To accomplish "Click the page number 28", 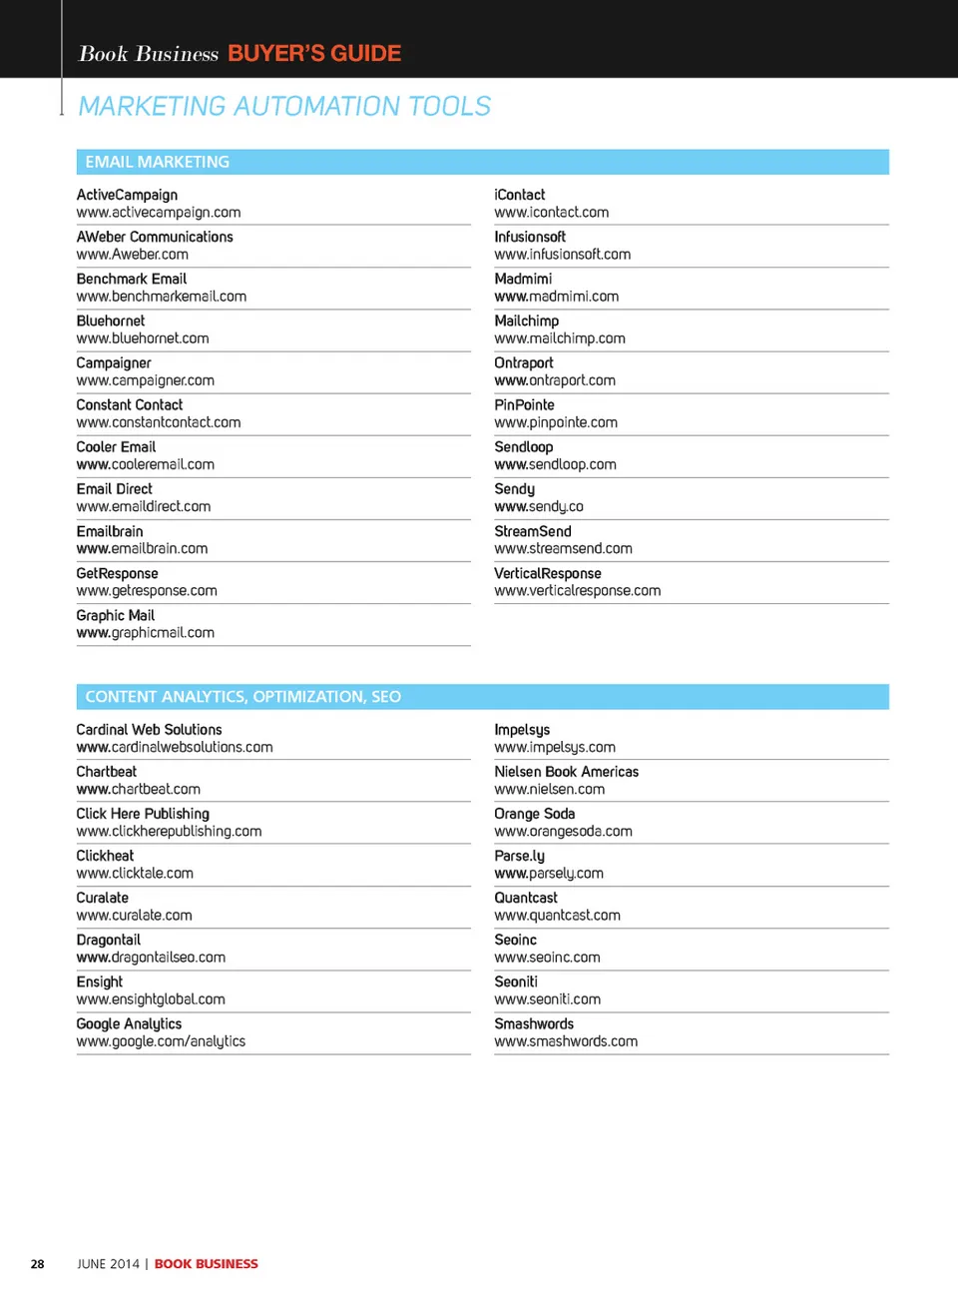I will coord(37,1264).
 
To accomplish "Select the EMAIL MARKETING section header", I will coord(157,162).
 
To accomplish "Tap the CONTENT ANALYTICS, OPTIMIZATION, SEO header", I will coord(242,697).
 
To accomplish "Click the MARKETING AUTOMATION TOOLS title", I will coord(284,106).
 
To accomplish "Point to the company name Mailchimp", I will coord(526,322).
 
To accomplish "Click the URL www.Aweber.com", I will coord(132,255).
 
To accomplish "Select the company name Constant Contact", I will coord(129,405).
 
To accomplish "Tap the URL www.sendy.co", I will coord(538,506).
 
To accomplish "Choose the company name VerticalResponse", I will coord(547,574).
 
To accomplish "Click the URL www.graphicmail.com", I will coord(145,633).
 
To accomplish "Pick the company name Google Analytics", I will coord(129,1024).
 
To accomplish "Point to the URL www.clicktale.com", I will coord(135,874).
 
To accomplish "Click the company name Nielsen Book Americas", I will coord(566,772).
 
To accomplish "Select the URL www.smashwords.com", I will coord(565,1041).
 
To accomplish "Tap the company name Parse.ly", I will coord(519,856).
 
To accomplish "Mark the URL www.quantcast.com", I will coord(557,916).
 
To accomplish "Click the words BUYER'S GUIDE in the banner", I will coord(314,53).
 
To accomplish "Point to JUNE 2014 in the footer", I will coord(108,1264).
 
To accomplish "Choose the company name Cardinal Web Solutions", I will coord(149,730).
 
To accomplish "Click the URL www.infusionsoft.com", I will coord(562,255).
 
